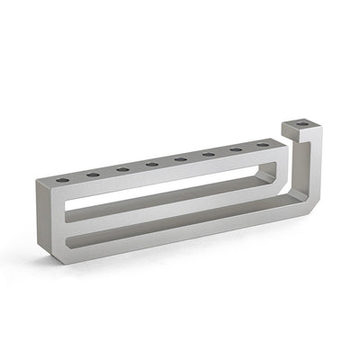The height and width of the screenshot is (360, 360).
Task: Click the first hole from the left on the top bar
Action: point(62,180)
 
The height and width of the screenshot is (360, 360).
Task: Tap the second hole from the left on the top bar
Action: point(93,174)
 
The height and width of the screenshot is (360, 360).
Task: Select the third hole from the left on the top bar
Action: point(122,168)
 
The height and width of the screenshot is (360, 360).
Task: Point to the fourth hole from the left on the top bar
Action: point(152,164)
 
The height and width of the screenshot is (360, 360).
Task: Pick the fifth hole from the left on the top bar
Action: point(181,159)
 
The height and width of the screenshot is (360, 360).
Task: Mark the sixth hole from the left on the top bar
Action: point(209,154)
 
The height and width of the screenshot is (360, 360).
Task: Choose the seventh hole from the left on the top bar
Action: point(237,149)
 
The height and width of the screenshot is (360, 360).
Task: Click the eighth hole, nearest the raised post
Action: point(263,145)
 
